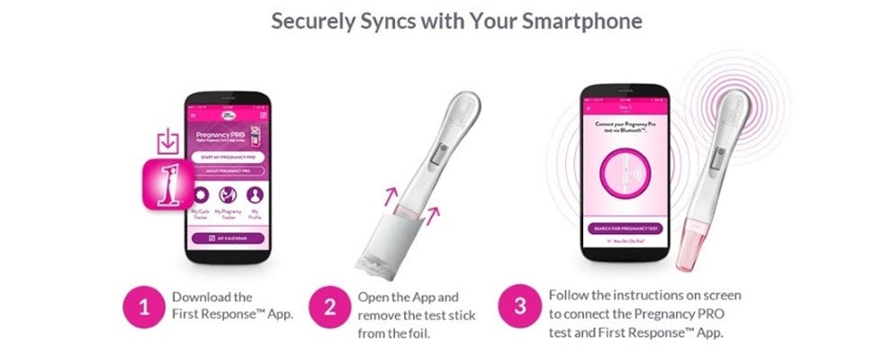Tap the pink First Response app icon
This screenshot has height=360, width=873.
pos(170,184)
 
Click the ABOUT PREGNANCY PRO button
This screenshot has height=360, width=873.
pos(227,171)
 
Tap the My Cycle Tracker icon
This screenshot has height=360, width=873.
pos(201,194)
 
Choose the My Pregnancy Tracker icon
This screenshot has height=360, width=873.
pos(228,194)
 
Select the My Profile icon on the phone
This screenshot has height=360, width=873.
pos(255,194)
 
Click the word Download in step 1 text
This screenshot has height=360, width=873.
pos(199,296)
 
